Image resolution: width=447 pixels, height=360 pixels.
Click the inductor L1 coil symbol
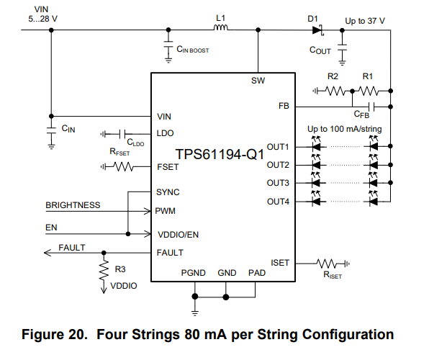coord(221,30)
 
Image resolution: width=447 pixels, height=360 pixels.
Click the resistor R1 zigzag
coord(369,91)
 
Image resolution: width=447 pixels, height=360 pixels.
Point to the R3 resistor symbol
coord(104,269)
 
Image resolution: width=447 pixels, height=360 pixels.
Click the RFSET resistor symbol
coord(124,167)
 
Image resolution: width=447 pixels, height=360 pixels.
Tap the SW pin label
coord(258,81)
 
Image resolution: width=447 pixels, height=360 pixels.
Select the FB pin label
coord(283,107)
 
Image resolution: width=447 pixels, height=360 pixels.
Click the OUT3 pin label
coord(278,183)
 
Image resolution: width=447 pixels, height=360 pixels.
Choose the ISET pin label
coord(279,263)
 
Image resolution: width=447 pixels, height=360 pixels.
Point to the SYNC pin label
coord(168,192)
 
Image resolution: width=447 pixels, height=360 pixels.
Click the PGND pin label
coord(194,273)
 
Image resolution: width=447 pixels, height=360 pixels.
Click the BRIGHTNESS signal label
coord(73,205)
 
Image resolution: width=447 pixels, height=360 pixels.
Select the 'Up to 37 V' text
coord(365,22)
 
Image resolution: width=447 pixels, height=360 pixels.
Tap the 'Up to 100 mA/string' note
coord(345,129)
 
